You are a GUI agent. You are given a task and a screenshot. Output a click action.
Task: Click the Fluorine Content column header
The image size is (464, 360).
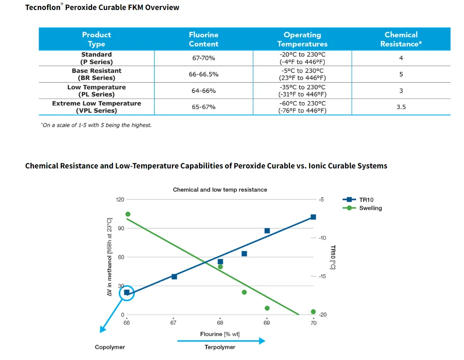pyautogui.click(x=204, y=39)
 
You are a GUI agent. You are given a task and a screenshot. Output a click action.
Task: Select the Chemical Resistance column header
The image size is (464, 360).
pyautogui.click(x=401, y=39)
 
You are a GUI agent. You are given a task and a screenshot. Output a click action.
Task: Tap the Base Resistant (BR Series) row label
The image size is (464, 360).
pyautogui.click(x=97, y=74)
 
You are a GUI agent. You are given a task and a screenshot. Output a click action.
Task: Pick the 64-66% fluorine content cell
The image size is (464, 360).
pyautogui.click(x=204, y=91)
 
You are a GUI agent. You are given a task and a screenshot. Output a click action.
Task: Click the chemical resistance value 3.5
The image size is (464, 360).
pyautogui.click(x=401, y=107)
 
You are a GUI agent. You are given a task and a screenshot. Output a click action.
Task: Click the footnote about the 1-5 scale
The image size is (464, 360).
pyautogui.click(x=96, y=125)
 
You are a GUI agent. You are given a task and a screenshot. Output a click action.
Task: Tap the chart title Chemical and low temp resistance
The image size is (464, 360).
pyautogui.click(x=220, y=190)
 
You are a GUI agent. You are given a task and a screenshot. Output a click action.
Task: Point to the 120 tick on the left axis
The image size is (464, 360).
pyautogui.click(x=120, y=199)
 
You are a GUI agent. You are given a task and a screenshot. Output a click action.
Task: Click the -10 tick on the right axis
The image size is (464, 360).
pyautogui.click(x=322, y=238)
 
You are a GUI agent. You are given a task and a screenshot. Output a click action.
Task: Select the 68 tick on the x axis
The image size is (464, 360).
pyautogui.click(x=220, y=323)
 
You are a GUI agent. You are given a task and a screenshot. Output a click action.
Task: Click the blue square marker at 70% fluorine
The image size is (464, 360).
pyautogui.click(x=313, y=217)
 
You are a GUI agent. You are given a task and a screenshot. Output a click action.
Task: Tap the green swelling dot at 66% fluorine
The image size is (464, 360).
pyautogui.click(x=128, y=214)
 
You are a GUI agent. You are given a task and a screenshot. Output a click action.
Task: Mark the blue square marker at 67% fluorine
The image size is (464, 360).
pyautogui.click(x=174, y=277)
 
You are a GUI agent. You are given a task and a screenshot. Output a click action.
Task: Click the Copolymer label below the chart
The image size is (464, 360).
pyautogui.click(x=110, y=347)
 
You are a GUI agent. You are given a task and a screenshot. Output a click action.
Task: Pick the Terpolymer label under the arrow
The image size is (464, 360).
pyautogui.click(x=220, y=347)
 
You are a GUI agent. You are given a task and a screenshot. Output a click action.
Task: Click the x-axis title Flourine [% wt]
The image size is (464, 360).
pyautogui.click(x=220, y=334)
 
